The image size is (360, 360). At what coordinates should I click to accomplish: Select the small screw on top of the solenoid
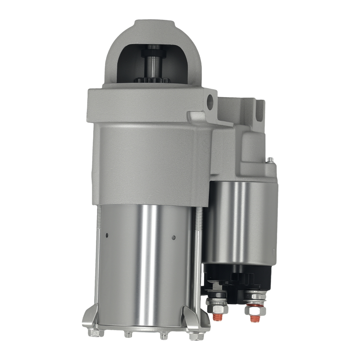click(269, 159)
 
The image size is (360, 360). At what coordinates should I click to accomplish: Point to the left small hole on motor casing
click(107, 236)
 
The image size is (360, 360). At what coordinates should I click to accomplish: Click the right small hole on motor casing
click(174, 237)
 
